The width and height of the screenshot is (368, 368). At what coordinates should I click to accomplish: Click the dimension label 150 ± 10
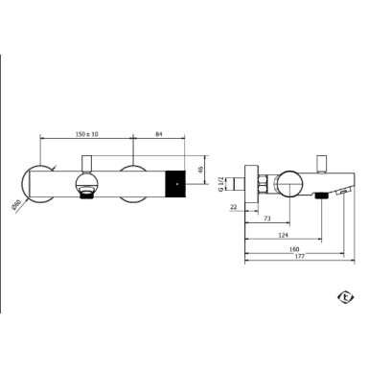(x=87, y=134)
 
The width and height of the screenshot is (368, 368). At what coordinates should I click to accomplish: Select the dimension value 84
(x=159, y=134)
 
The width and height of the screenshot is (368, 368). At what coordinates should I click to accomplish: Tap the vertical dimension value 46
(x=200, y=170)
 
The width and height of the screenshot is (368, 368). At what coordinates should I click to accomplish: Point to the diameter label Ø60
(x=15, y=204)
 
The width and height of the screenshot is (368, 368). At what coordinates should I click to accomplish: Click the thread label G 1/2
(x=220, y=184)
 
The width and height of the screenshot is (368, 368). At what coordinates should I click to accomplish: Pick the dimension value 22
(x=234, y=207)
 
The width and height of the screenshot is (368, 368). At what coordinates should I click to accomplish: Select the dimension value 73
(x=267, y=218)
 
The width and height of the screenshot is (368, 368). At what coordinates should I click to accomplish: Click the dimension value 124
(x=283, y=235)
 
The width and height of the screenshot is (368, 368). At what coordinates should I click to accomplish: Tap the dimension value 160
(x=294, y=249)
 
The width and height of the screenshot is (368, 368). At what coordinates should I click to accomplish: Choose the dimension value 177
(x=300, y=256)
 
